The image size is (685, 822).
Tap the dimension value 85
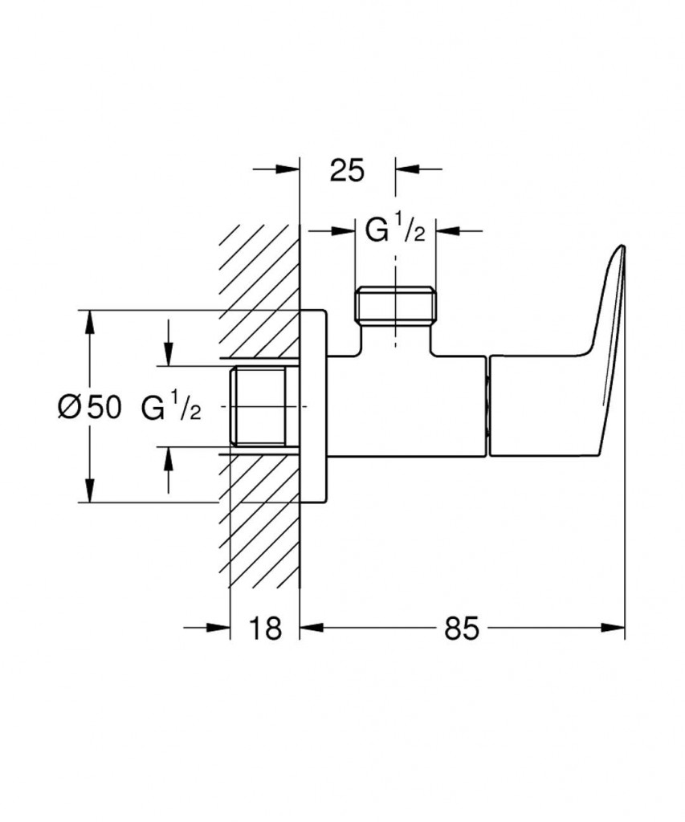[462, 628]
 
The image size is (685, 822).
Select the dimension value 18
[265, 628]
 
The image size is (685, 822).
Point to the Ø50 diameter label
[89, 407]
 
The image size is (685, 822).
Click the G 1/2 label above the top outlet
[395, 231]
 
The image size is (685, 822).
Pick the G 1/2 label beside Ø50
[171, 407]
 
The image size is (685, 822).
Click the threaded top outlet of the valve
[395, 304]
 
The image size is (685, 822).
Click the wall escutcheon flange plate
[314, 406]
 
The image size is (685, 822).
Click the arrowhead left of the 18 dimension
[218, 628]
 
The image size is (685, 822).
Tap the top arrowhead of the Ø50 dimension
[90, 322]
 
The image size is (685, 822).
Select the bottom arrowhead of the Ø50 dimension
[90, 490]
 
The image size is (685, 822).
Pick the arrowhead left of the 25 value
[287, 169]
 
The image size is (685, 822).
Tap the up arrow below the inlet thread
[169, 458]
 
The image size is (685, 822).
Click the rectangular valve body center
[407, 406]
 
